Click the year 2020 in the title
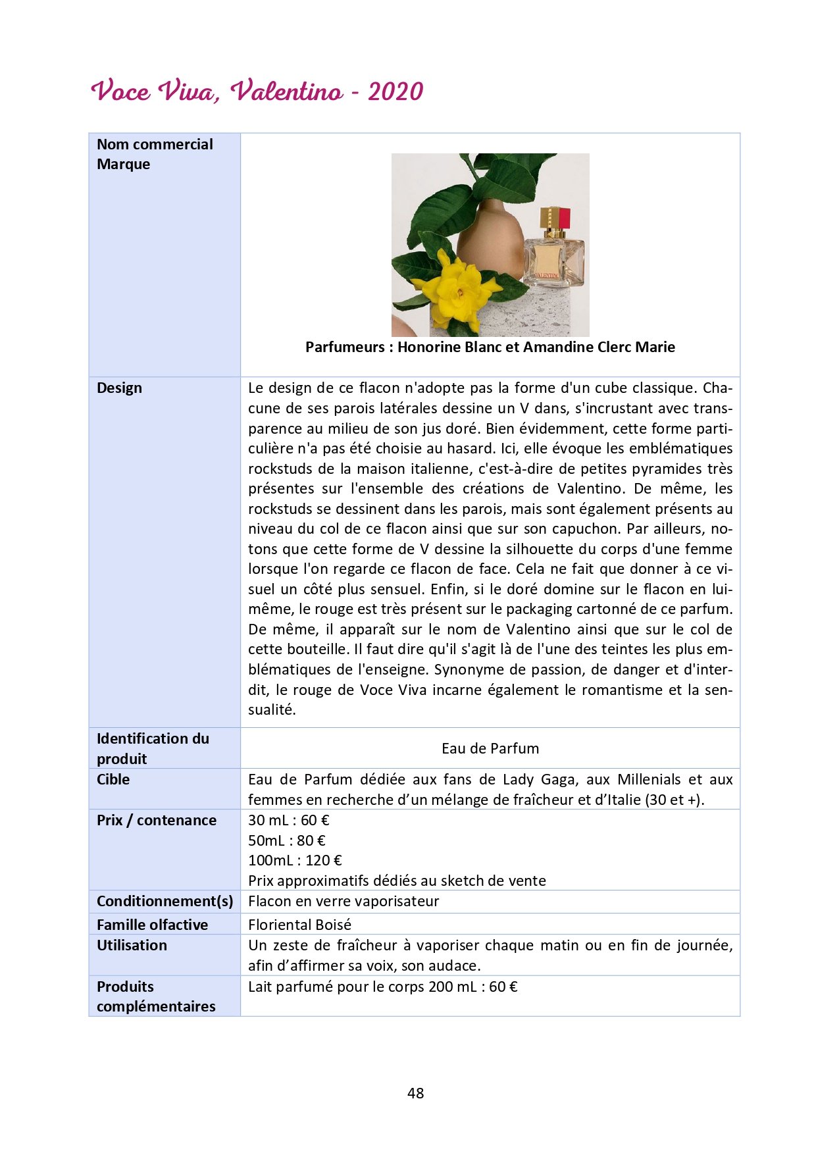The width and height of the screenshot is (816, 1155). (395, 91)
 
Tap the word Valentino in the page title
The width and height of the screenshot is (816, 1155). (286, 91)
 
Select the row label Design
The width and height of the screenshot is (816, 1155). (119, 388)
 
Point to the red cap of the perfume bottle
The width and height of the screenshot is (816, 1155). (563, 217)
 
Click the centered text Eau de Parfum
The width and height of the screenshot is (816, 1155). (490, 748)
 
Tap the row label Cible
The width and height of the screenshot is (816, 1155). (113, 780)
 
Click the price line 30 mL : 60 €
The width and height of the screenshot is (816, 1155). (288, 821)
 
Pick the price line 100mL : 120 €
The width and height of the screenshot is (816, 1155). (295, 861)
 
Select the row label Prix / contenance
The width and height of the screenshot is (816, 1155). (157, 821)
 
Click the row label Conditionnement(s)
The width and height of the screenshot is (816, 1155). (165, 902)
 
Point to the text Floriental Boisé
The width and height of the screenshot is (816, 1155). (299, 925)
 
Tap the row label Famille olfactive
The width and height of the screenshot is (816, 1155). (152, 925)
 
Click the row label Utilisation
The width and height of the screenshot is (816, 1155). (132, 946)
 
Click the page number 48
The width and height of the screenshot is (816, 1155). (415, 1093)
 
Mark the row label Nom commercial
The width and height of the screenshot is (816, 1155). (155, 145)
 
